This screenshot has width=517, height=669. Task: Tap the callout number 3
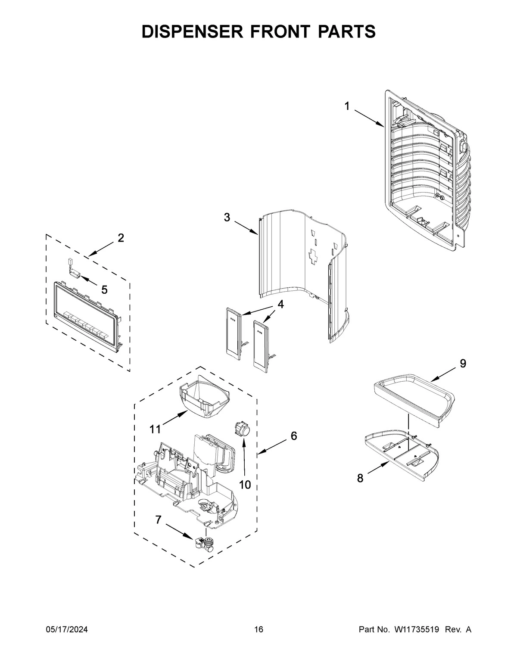[x=227, y=218]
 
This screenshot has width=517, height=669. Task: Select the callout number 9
[x=463, y=364]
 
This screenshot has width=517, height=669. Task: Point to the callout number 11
[x=155, y=429]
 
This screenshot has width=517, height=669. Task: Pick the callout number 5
[x=104, y=290]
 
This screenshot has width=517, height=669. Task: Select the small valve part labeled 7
[x=204, y=544]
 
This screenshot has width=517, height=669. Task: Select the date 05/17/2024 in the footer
[x=67, y=630]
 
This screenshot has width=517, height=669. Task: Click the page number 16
[x=258, y=630]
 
